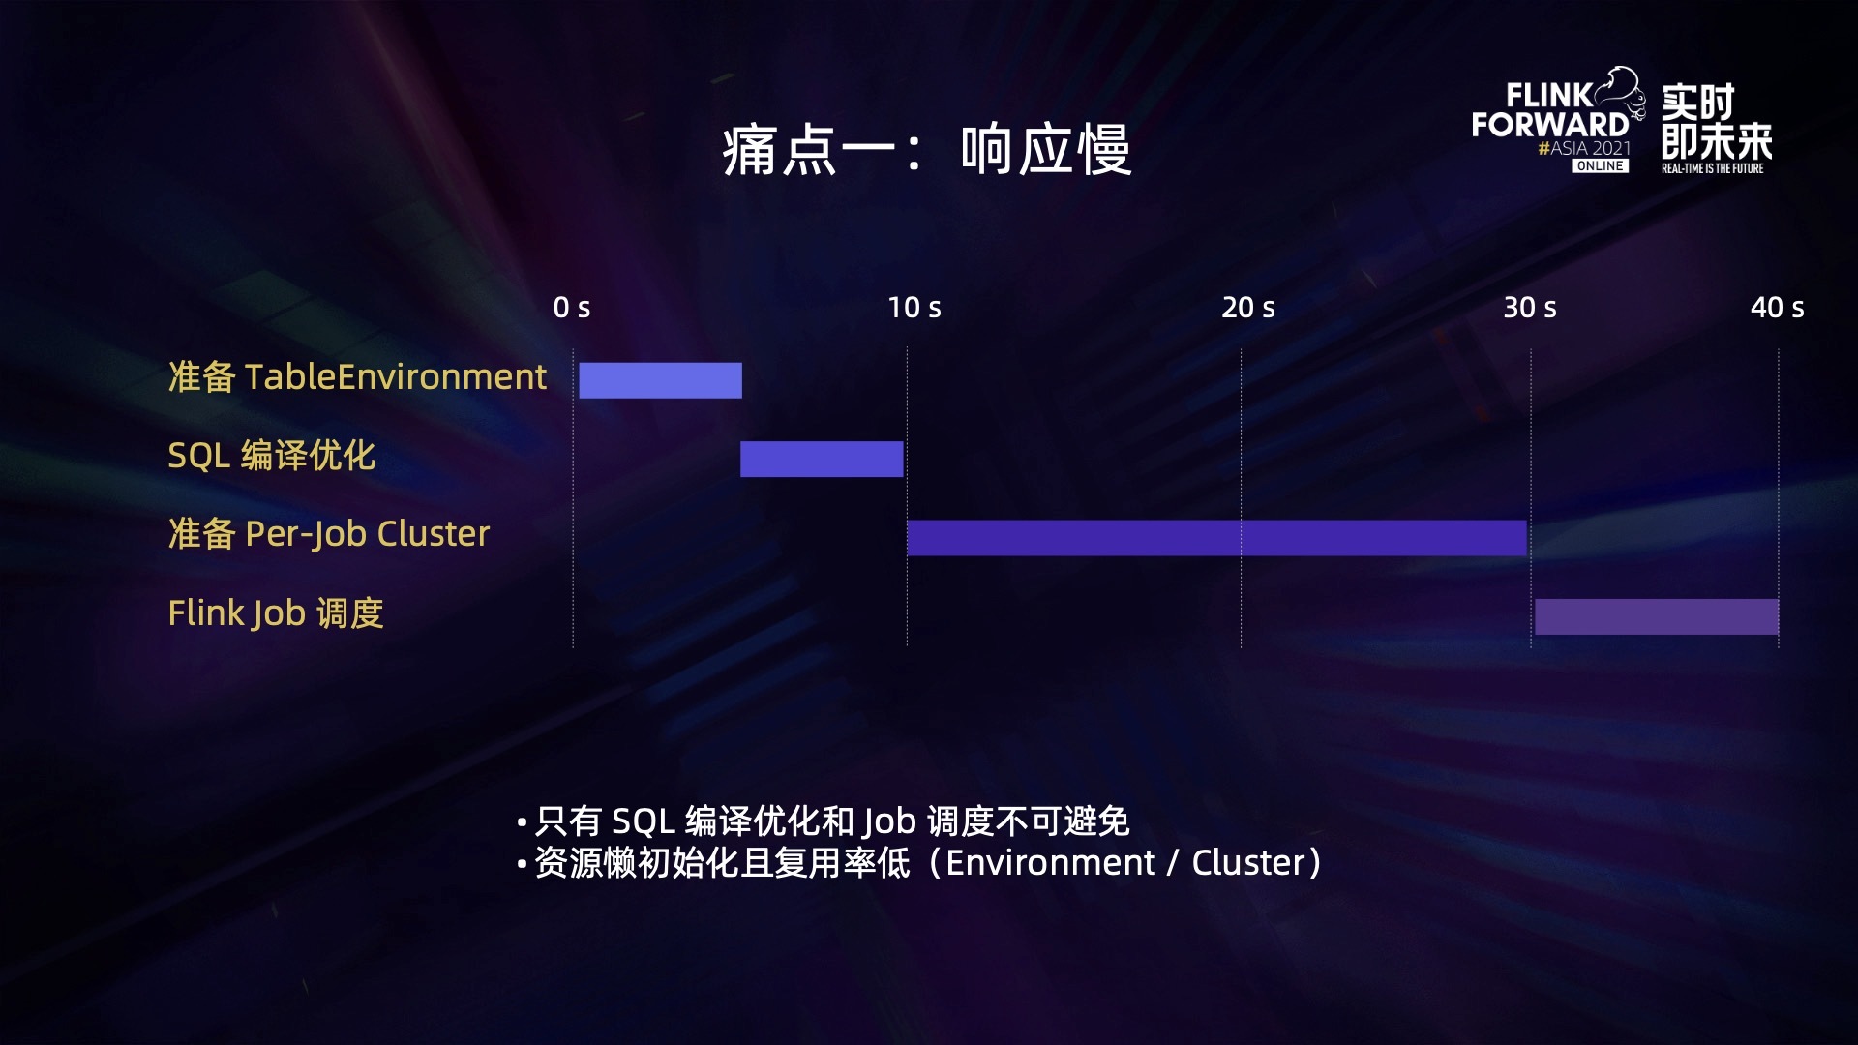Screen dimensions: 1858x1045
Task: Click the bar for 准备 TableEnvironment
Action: (x=660, y=380)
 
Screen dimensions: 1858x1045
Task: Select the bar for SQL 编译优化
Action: (x=822, y=459)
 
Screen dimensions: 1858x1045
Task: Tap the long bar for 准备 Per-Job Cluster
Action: (x=1216, y=538)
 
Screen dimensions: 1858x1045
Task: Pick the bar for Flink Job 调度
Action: (x=1657, y=616)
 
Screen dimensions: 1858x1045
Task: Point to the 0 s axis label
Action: (x=572, y=308)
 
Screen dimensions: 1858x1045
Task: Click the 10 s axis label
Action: (x=914, y=308)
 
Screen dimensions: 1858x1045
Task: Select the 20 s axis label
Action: (x=1248, y=308)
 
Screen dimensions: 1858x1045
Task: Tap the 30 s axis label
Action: (x=1530, y=308)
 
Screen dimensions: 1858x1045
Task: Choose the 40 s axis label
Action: (x=1778, y=308)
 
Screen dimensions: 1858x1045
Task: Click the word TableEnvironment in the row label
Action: (x=396, y=376)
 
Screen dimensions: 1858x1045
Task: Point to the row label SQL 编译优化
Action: (x=272, y=455)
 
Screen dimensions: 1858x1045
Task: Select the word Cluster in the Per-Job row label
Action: (x=434, y=534)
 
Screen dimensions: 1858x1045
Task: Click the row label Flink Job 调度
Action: (x=276, y=612)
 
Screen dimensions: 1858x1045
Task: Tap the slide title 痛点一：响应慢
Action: (x=927, y=150)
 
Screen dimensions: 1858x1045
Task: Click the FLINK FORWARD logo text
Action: (x=1550, y=110)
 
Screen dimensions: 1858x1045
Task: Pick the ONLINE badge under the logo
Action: (x=1600, y=166)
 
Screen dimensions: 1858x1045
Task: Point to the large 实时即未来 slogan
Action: (x=1716, y=121)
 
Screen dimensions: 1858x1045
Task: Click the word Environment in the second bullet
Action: (x=1050, y=862)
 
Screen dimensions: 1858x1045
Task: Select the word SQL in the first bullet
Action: (x=644, y=821)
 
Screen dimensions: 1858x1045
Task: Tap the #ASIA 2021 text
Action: (x=1584, y=148)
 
